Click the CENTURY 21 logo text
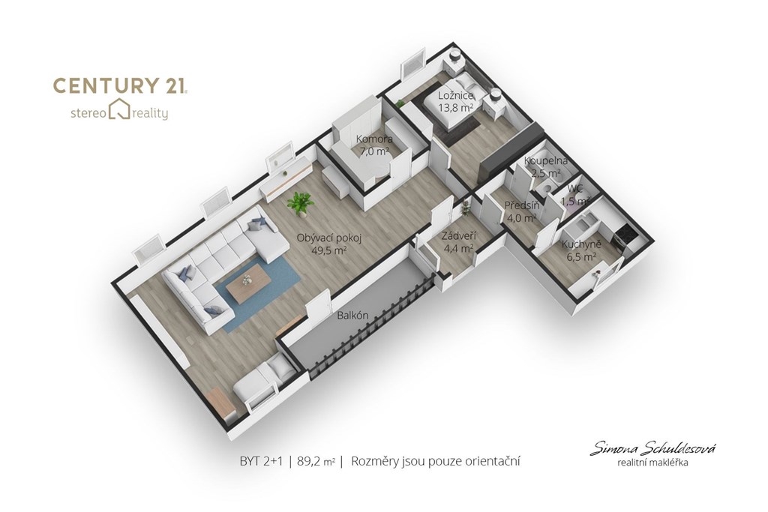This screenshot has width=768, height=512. (119, 85)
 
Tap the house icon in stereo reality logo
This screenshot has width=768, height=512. (119, 109)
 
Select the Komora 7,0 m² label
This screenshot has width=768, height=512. (374, 145)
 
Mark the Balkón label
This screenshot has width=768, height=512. (352, 316)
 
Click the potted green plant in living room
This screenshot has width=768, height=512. (300, 202)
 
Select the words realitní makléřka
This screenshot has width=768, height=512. (652, 462)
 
